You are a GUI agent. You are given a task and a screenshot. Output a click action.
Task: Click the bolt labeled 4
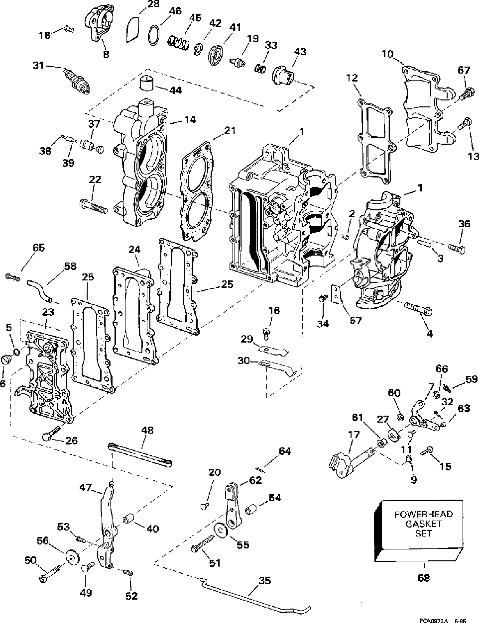[416, 309]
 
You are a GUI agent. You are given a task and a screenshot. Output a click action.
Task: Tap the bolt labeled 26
[49, 436]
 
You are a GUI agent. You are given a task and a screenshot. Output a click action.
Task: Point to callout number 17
[353, 434]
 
